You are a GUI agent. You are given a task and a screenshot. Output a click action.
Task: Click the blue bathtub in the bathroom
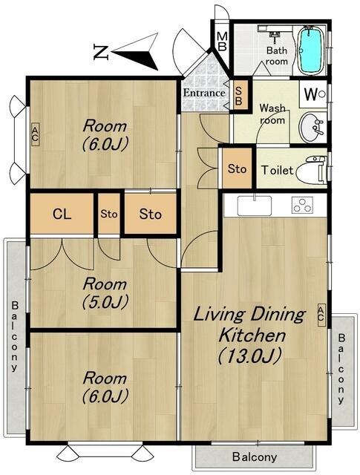pos(310,50)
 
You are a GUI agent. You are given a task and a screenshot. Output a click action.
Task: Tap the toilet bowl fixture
pos(311,170)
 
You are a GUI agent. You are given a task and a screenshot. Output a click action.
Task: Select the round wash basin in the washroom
pos(311,127)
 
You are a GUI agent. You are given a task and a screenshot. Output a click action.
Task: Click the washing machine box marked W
pos(314,94)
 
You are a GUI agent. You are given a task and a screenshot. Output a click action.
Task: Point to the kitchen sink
pos(255,206)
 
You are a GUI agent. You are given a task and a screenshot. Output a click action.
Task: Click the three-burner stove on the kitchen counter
pos(302,205)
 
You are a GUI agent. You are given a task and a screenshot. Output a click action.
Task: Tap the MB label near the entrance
pos(222,42)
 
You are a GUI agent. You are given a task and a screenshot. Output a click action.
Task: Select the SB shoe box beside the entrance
pos(239,96)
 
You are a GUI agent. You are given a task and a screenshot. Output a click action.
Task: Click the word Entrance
pos(204,93)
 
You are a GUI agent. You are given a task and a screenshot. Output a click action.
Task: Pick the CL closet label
pos(62,214)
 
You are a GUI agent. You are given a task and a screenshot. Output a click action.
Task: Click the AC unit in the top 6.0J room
pos(35,134)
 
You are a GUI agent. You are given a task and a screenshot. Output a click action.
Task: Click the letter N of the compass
pos(101,52)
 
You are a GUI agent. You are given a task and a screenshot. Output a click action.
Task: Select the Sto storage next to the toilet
pos(237,168)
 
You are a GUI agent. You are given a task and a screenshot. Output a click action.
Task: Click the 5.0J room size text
pos(105,302)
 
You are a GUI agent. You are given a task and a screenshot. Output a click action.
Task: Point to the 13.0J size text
pos(249,356)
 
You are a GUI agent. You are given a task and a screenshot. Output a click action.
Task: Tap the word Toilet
pos(278,170)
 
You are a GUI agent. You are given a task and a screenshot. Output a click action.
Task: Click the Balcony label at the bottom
pos(255,456)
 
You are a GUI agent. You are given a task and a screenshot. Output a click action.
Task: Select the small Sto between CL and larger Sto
pos(109,214)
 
